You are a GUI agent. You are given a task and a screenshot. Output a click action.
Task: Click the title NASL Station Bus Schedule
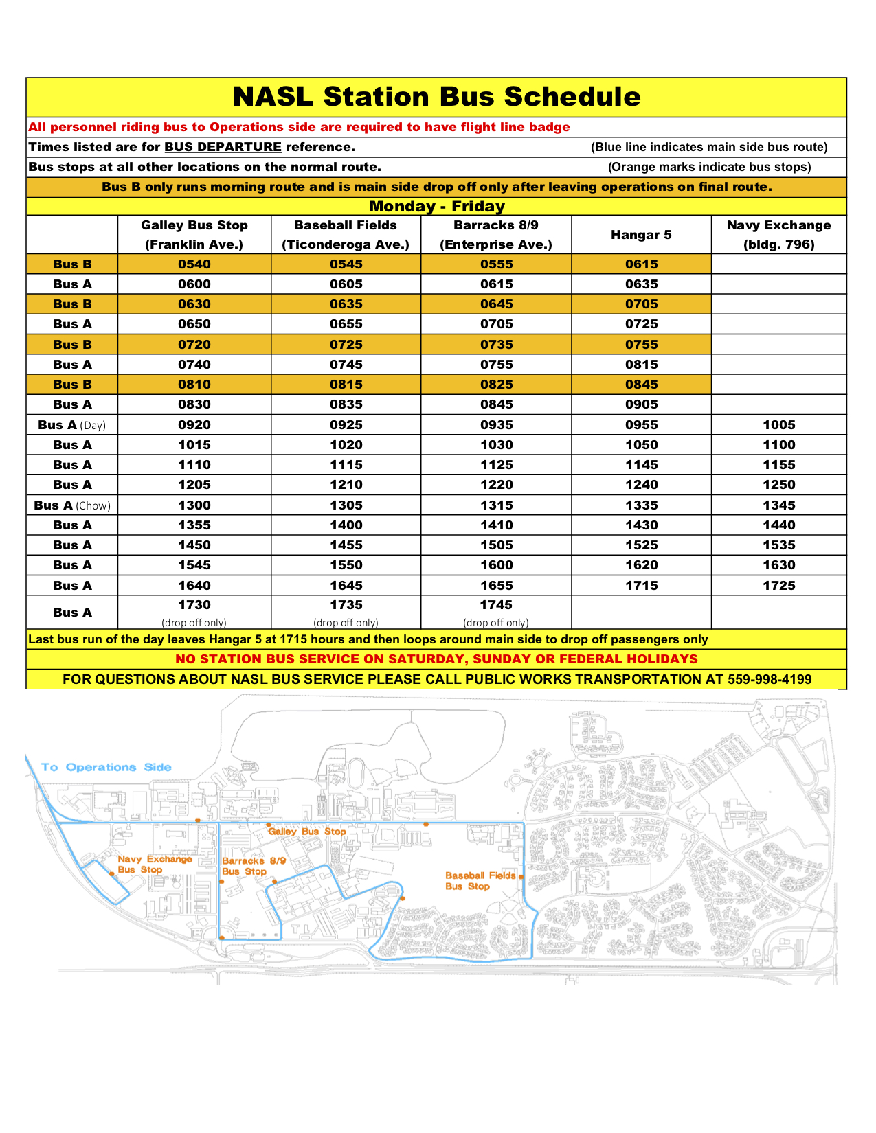pos(436,97)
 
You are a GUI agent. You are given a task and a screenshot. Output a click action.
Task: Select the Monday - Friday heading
pos(436,206)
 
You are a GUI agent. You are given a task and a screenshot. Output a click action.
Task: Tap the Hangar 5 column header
pos(641,235)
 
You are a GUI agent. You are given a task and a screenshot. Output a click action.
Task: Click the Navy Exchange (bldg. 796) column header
pos(778,235)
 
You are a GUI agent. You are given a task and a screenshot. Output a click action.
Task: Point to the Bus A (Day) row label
pos(72,425)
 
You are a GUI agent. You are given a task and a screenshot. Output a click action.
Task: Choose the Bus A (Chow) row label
pos(72,505)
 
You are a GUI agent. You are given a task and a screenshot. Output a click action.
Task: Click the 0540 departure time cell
pos(194,264)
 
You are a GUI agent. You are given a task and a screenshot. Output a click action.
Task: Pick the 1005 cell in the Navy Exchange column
pos(778,425)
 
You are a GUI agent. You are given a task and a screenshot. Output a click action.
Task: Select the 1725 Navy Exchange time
pos(778,586)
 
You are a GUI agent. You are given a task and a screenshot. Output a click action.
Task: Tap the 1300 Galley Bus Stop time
pos(194,505)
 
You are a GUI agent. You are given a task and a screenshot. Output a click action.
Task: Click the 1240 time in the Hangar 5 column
pos(641,485)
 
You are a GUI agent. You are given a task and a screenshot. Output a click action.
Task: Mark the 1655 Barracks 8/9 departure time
pos(496,586)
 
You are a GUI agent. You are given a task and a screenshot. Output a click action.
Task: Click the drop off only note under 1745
pos(496,623)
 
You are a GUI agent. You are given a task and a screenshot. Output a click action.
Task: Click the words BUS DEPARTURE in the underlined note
pos(223,147)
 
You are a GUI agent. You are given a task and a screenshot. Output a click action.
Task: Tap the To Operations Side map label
pos(106,767)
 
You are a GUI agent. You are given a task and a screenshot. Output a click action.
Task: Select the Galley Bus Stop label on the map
pos(307,832)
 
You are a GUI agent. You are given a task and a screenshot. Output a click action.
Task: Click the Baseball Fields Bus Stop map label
pos(480,881)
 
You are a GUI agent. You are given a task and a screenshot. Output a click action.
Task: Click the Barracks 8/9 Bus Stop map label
pos(253,866)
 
